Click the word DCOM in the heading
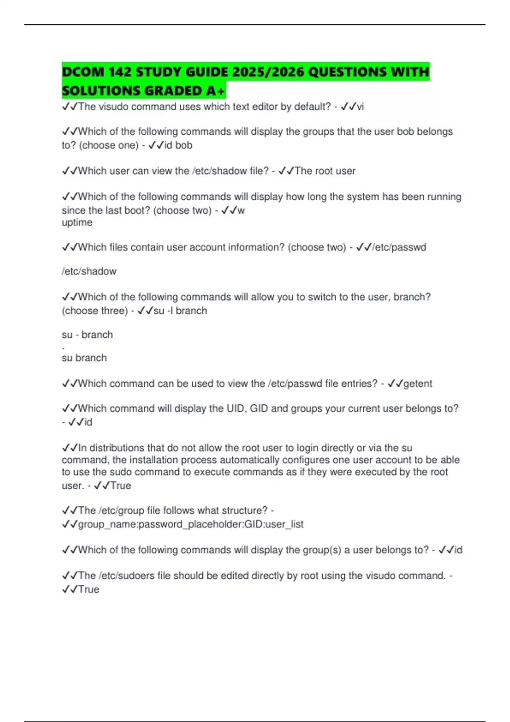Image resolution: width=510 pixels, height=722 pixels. [x=82, y=72]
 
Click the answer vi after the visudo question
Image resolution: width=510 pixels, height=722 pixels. [x=360, y=107]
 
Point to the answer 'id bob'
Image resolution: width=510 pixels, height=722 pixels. [x=178, y=145]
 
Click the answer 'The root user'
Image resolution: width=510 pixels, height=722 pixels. [x=325, y=171]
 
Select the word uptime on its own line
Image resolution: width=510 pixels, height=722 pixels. [x=77, y=223]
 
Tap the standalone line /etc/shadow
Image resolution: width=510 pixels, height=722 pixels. [x=89, y=271]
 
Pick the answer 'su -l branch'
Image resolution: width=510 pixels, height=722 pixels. [x=180, y=311]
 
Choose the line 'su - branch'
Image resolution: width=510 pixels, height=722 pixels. [x=87, y=335]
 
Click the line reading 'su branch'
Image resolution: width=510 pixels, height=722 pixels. [x=84, y=358]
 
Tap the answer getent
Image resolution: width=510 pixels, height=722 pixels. [x=417, y=384]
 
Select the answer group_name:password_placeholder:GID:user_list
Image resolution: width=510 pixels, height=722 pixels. [x=190, y=525]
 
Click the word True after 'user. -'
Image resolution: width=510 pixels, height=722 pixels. [x=121, y=486]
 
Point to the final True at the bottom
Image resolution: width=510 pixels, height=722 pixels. [x=88, y=589]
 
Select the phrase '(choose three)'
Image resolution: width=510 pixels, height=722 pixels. [x=95, y=311]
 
